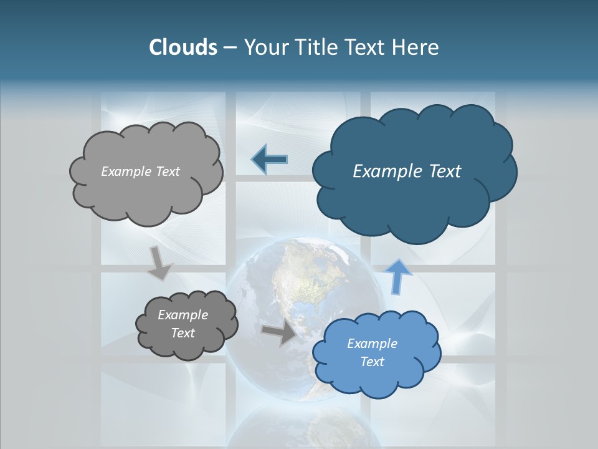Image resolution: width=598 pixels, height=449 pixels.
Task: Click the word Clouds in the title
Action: pyautogui.click(x=183, y=47)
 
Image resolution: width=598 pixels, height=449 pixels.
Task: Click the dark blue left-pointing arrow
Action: pyautogui.click(x=270, y=160)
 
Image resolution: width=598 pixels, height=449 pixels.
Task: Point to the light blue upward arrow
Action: pyautogui.click(x=399, y=276)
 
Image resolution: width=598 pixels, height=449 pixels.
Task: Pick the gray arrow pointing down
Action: pyautogui.click(x=159, y=263)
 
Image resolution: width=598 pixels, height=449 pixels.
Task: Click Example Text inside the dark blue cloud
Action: pyautogui.click(x=407, y=171)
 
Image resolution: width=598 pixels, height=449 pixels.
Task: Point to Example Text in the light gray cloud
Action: pyautogui.click(x=140, y=171)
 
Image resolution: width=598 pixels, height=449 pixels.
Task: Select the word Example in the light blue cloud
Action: pyautogui.click(x=372, y=344)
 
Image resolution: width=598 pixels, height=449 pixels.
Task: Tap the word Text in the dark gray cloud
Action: pyautogui.click(x=183, y=333)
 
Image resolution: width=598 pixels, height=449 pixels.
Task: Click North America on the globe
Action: pyautogui.click(x=293, y=281)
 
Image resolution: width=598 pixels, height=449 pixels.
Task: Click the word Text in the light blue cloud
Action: pyautogui.click(x=373, y=362)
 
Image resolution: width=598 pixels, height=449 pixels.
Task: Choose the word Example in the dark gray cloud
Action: pyautogui.click(x=183, y=315)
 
